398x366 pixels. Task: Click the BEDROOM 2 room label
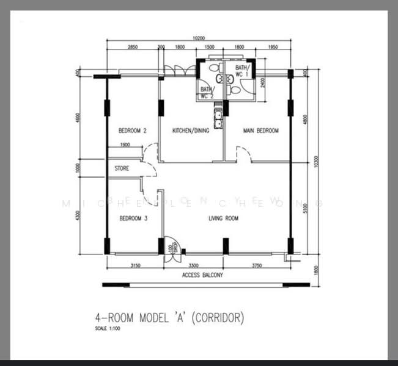[x=132, y=131]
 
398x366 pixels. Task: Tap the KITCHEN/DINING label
[x=191, y=131]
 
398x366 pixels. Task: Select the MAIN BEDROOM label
[x=261, y=131]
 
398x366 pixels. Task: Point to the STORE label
[x=122, y=168]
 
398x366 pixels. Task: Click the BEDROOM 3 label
[x=133, y=218]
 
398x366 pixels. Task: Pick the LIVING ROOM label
[x=223, y=218]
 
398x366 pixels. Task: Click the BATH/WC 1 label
[x=243, y=71]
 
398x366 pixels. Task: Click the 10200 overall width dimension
[x=199, y=38]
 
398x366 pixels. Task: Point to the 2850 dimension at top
[x=133, y=47]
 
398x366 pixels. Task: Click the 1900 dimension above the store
[x=125, y=145]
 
